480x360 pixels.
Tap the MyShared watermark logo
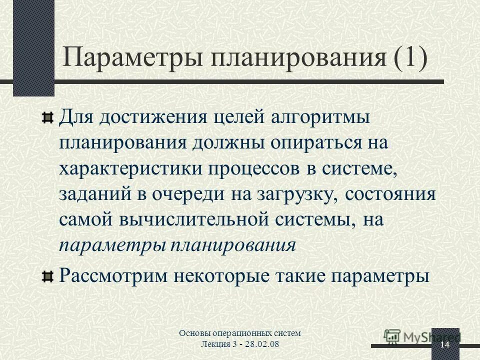point(422,336)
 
